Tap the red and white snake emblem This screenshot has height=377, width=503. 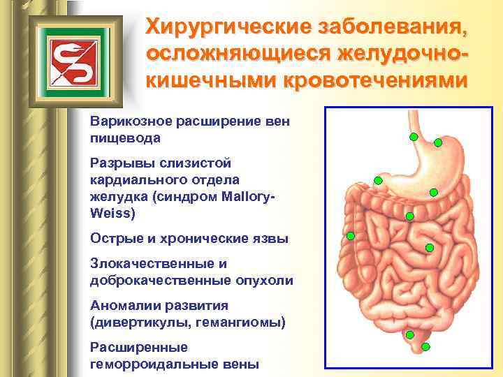point(71,58)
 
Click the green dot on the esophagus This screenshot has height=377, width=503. point(414,137)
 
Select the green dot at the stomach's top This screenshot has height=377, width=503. point(438,143)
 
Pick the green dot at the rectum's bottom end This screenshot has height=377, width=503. point(425,346)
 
